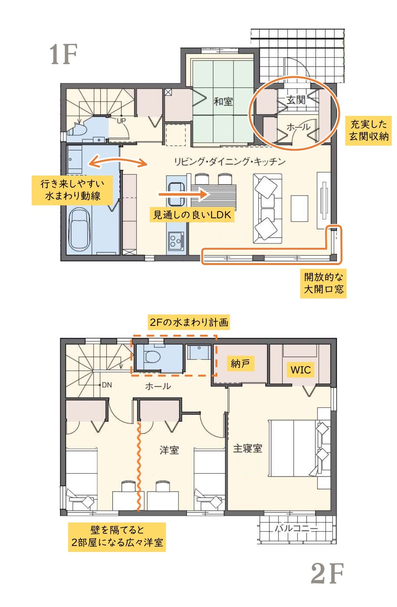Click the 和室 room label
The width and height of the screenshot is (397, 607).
pos(223,102)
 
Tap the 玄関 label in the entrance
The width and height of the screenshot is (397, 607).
pos(296,100)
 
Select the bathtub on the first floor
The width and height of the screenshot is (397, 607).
pos(79,230)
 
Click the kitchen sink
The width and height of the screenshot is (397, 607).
pos(176,194)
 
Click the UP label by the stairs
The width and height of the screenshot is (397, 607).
pos(121,121)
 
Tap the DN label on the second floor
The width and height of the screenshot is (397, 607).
pos(107,385)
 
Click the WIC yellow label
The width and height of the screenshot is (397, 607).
pos(300,370)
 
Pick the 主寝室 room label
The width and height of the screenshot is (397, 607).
pos(248,448)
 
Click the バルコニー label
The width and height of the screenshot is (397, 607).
pos(296,528)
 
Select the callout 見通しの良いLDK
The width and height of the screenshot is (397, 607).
pos(192,215)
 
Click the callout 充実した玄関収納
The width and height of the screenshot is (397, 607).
pos(368,131)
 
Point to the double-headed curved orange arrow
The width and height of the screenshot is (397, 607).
pos(118,160)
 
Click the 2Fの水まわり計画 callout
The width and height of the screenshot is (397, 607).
pos(189,322)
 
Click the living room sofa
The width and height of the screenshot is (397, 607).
pos(268,208)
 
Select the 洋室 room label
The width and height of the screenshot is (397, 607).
pos(169,450)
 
